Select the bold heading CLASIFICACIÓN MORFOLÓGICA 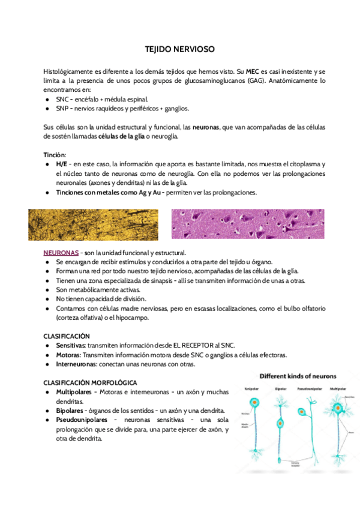click(90, 382)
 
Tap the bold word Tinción click(55, 154)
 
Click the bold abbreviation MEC click(252, 71)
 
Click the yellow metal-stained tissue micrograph click(93, 224)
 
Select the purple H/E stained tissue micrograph click(247, 224)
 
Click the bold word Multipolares click(74, 392)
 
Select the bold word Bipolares click(70, 410)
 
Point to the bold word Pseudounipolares click(81, 420)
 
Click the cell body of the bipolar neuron click(281, 422)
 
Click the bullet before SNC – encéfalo click(47, 99)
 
